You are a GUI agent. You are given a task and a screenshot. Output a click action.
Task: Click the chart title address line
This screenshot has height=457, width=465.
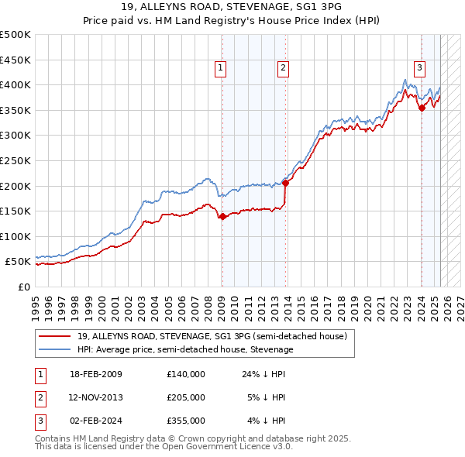point(232,7)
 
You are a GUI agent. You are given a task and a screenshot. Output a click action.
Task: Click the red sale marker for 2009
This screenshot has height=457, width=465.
point(222,216)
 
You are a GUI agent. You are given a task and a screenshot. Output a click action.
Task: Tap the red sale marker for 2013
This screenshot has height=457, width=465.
point(285,183)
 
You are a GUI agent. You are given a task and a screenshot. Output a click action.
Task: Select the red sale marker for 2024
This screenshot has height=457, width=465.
point(422,108)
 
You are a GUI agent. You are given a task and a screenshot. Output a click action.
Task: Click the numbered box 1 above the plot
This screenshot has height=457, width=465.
point(221,68)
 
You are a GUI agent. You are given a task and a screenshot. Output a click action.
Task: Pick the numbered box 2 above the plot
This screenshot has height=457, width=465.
point(283,68)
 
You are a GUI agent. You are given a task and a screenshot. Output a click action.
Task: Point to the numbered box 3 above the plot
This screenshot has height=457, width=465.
point(419,68)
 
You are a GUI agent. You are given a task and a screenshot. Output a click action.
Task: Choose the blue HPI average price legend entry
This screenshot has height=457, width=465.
point(185,349)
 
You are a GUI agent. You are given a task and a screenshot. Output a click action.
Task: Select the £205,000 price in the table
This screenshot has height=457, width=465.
point(185,397)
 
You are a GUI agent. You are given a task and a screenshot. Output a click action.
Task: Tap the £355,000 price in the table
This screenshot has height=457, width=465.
point(185,421)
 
